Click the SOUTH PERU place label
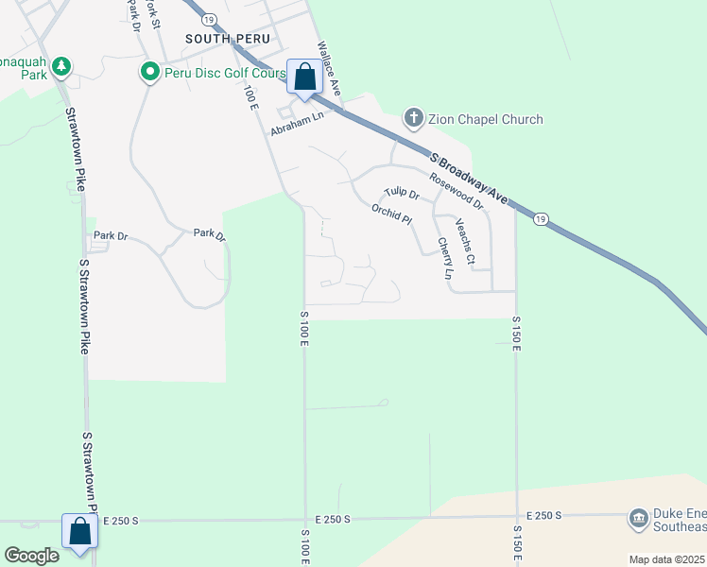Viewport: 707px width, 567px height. coord(228,39)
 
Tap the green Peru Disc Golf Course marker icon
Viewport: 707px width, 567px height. coord(149,72)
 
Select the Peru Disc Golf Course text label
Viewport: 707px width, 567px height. coord(224,72)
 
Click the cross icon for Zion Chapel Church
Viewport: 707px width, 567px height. coord(413,119)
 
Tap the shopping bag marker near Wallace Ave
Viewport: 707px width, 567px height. coord(304,77)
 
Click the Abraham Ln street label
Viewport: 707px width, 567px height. coord(297,124)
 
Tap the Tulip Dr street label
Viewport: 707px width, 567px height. coord(402,193)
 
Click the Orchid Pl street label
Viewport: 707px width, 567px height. coord(391,215)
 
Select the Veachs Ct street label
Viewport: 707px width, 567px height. coord(464,241)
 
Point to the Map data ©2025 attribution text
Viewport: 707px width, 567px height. coord(666,559)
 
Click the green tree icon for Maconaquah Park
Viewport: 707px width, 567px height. coord(61,66)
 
